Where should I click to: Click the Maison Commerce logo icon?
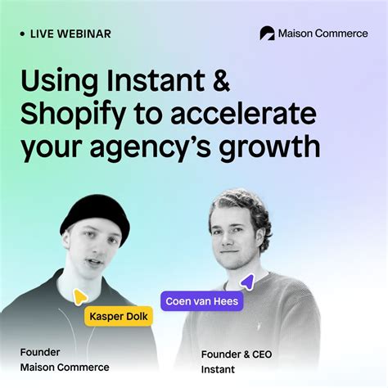coord(267,34)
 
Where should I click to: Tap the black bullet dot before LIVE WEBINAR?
coord(22,34)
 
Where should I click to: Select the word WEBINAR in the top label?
coord(85,34)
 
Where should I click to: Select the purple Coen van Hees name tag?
coord(201,300)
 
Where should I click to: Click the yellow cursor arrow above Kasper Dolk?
coord(79,297)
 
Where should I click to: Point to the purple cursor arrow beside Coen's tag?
coord(247,282)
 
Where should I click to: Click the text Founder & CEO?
coord(236,354)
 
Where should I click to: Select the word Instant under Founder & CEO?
coord(217,370)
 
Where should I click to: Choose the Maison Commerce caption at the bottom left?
coord(65,368)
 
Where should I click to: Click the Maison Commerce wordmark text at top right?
coord(324,34)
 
